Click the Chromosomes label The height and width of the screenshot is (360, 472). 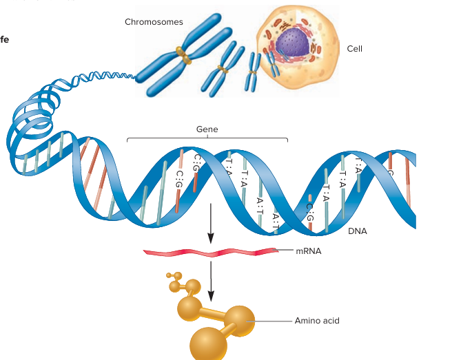(x=154, y=22)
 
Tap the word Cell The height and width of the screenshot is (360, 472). (x=355, y=49)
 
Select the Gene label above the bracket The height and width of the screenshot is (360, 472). (x=207, y=129)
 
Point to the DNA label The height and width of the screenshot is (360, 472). (x=358, y=231)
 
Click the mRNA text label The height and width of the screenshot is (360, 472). (x=308, y=251)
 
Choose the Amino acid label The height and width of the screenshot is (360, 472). (x=317, y=321)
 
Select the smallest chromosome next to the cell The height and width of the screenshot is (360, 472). (x=253, y=72)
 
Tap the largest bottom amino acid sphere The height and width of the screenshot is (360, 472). (x=208, y=343)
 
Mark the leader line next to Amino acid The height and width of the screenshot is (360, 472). (x=272, y=321)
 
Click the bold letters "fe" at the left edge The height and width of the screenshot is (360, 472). (x=4, y=39)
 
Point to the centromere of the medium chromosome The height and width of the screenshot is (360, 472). (x=222, y=68)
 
